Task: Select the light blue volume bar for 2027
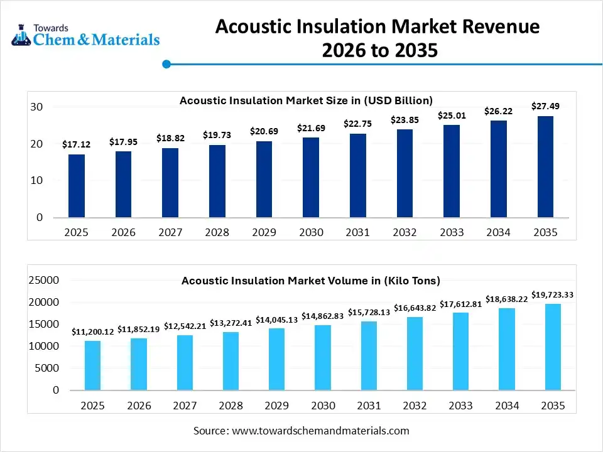185,362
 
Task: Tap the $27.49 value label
545,106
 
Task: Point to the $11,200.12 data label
92,331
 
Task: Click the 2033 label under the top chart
452,232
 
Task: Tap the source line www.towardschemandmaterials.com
301,431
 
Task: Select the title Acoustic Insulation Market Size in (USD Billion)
306,100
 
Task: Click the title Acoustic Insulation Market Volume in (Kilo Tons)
311,281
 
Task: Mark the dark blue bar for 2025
77,186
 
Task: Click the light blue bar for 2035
553,347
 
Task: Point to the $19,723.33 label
553,294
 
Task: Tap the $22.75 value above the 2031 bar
357,124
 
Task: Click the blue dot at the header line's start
166,63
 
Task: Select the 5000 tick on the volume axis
47,369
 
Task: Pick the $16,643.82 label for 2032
415,308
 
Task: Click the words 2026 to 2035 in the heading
379,51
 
